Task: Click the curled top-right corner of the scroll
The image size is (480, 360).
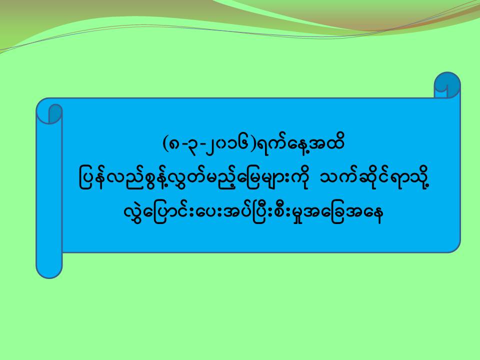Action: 447,85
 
